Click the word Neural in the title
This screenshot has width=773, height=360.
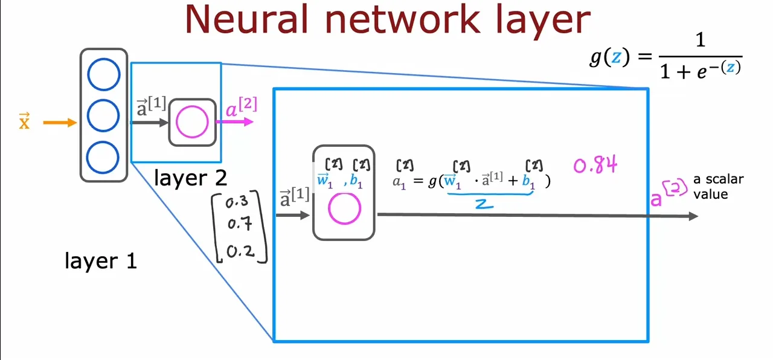pyautogui.click(x=246, y=20)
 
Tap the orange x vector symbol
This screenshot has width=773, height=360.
pyautogui.click(x=24, y=121)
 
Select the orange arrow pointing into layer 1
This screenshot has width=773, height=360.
pyautogui.click(x=60, y=122)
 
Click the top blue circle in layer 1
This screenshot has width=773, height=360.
pyautogui.click(x=103, y=74)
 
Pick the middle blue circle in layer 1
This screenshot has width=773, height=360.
pyautogui.click(x=103, y=115)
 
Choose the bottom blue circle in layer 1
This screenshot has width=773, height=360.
pyautogui.click(x=103, y=158)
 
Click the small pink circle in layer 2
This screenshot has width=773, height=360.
pyautogui.click(x=192, y=122)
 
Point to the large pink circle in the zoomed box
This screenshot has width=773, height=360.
pyautogui.click(x=344, y=208)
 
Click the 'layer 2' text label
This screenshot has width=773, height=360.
pyautogui.click(x=190, y=178)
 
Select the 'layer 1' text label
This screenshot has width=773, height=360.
pyautogui.click(x=101, y=261)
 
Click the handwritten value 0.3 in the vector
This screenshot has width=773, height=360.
pyautogui.click(x=237, y=202)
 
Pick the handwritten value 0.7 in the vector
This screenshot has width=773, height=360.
pyautogui.click(x=240, y=223)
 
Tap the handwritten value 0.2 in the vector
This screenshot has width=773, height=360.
pyautogui.click(x=240, y=251)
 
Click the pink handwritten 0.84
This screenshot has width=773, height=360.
pyautogui.click(x=595, y=165)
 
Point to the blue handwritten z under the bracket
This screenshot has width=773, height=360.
pyautogui.click(x=484, y=204)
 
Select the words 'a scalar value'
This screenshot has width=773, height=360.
pyautogui.click(x=719, y=187)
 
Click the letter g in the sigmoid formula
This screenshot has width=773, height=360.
pyautogui.click(x=596, y=57)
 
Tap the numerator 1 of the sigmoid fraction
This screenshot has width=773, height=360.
pyautogui.click(x=700, y=40)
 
